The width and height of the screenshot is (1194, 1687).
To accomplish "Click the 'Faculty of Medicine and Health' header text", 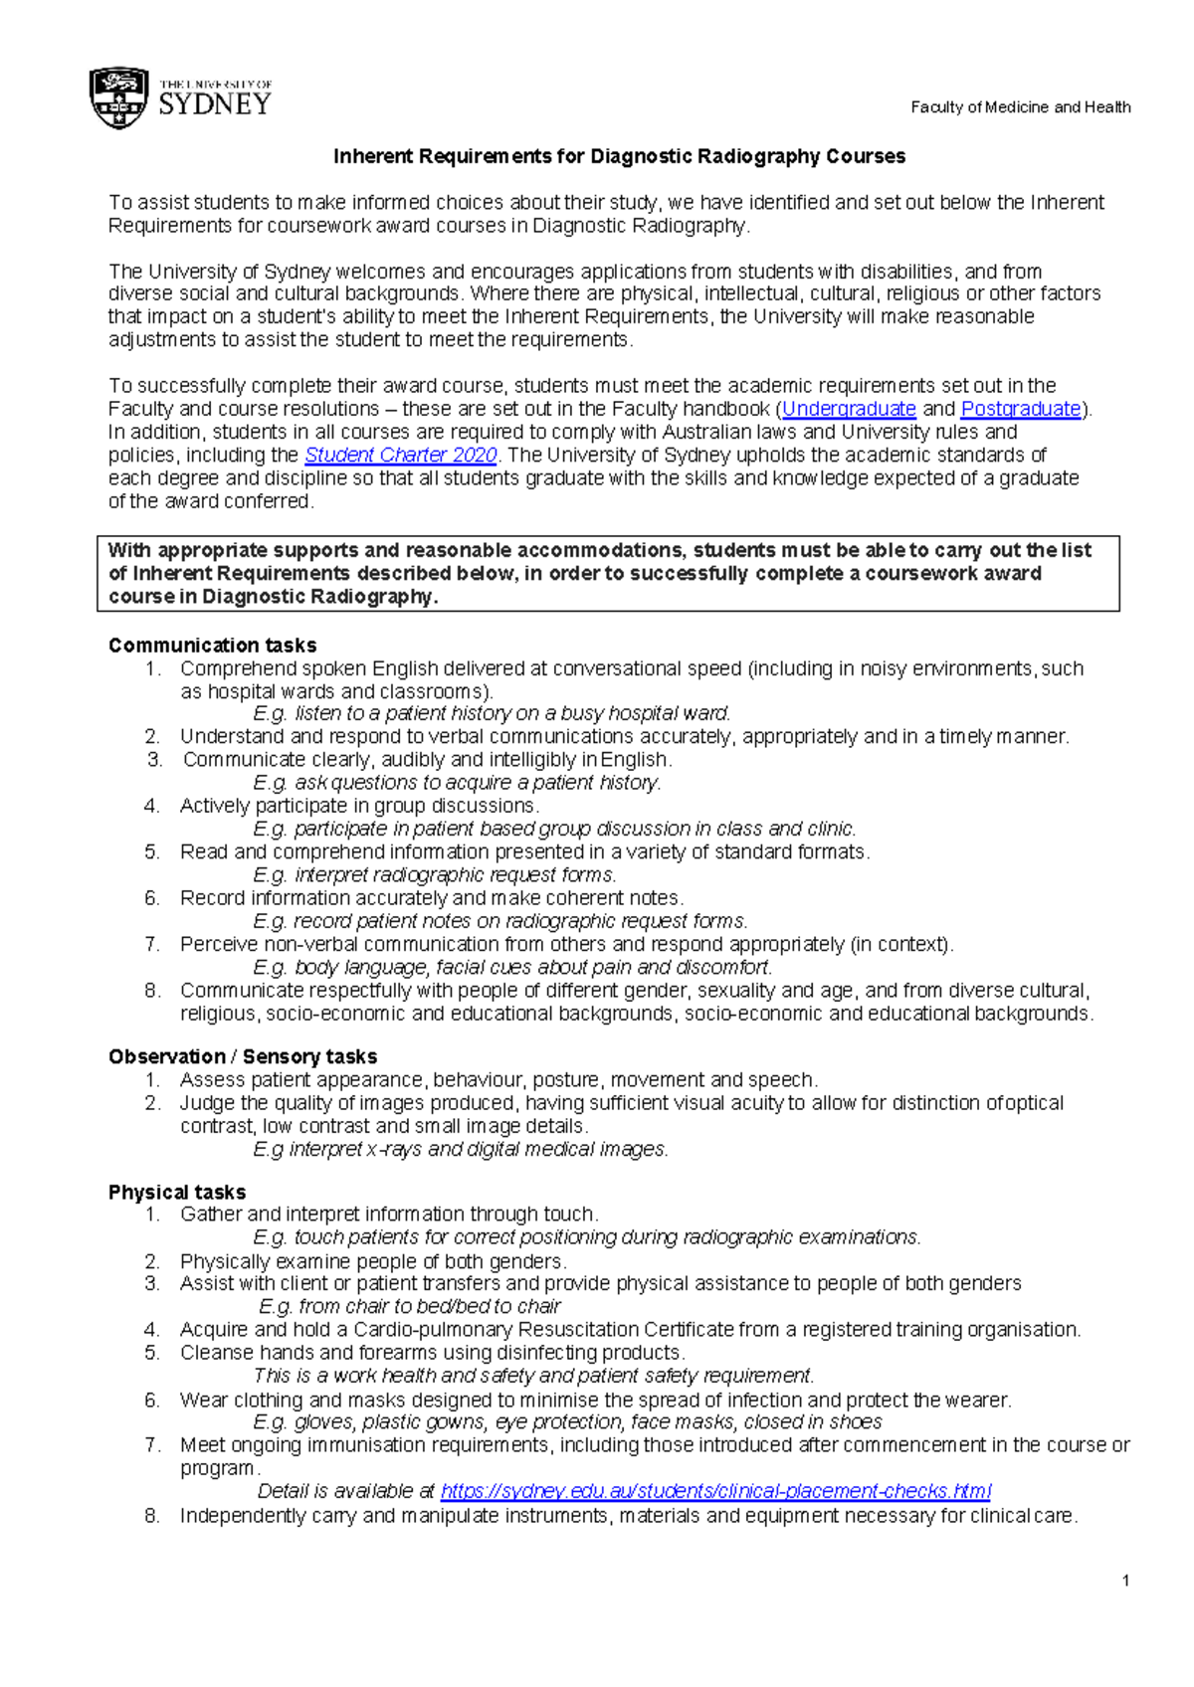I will pos(1020,107).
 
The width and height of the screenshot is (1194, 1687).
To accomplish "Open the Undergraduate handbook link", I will pos(849,409).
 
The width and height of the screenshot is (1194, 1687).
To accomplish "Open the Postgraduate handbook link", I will pos(1021,409).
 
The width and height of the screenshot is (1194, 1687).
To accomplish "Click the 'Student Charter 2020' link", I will pos(400,456).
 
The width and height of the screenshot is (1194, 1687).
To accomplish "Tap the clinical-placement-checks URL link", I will pos(715,1491).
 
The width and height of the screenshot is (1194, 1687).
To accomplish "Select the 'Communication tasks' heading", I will pos(212,646).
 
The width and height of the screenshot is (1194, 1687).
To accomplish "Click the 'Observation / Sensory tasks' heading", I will pos(243,1056).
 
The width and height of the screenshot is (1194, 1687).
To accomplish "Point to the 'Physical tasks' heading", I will pos(177,1192).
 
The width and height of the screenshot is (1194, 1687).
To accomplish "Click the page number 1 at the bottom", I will pos(1125,1582).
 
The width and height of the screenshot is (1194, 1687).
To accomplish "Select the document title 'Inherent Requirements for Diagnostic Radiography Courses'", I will pos(619,156).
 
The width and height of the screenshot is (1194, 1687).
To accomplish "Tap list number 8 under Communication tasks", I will pos(152,991).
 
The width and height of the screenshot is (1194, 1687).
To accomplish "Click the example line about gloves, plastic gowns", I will pos(567,1422).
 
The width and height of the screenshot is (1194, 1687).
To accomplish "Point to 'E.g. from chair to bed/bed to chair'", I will pos(409,1307).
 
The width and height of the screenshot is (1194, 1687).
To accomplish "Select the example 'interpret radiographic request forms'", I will pos(435,875).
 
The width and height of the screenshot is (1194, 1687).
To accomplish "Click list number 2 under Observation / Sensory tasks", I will pos(152,1103).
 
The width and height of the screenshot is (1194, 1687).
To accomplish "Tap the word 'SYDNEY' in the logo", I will pos(215,104).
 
